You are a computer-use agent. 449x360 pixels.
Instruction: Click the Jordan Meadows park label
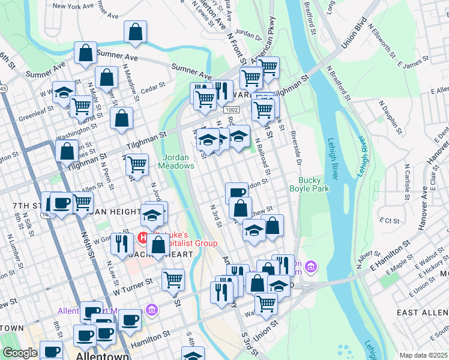[x=178, y=161]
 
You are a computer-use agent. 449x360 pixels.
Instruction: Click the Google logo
[x=20, y=353]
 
